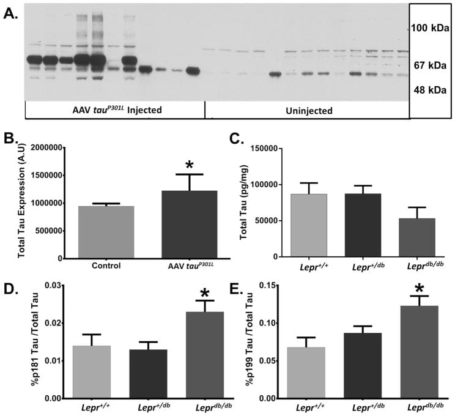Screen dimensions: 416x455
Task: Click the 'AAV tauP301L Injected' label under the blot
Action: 114,111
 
